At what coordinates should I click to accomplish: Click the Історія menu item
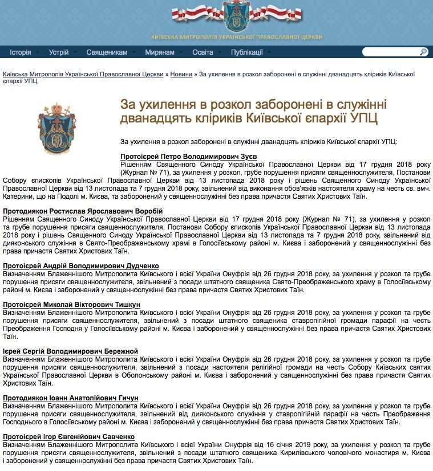click(21, 52)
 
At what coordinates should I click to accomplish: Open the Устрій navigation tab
click(58, 52)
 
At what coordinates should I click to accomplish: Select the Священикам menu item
click(107, 52)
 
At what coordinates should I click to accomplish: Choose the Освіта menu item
click(203, 52)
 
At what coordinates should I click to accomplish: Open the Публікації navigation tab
click(246, 52)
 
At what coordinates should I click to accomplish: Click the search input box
click(390, 52)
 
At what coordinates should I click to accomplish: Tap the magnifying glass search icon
click(423, 52)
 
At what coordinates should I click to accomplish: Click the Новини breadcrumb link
click(181, 74)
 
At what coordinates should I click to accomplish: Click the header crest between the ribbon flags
click(234, 17)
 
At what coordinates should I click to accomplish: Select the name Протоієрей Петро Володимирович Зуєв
click(189, 156)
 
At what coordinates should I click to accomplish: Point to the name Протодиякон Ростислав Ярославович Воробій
click(83, 211)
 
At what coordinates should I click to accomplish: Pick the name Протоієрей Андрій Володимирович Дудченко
click(81, 266)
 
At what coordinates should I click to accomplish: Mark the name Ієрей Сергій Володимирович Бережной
click(70, 351)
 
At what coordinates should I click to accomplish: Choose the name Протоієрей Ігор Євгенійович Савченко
click(68, 437)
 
